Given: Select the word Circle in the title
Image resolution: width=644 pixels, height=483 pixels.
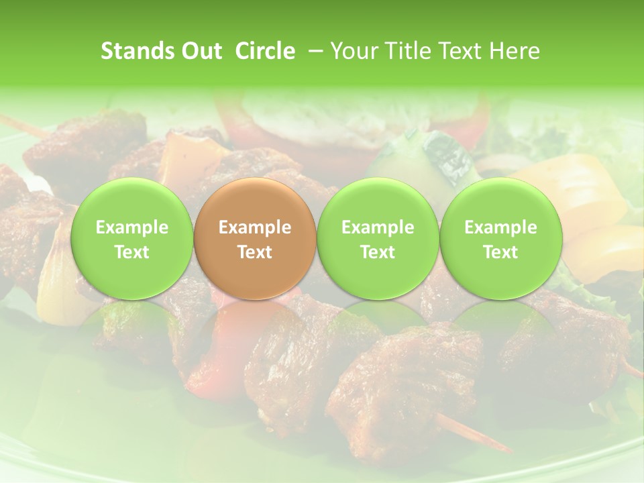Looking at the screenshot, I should (x=265, y=51).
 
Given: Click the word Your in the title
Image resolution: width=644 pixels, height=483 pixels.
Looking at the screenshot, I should (x=352, y=51).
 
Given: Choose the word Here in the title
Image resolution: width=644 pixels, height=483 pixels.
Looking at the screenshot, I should (x=513, y=51).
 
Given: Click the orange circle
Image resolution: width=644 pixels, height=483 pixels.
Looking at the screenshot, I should (x=255, y=239).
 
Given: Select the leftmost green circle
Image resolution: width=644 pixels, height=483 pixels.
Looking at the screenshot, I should (x=132, y=239).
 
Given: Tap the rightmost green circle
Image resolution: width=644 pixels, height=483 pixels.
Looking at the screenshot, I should (x=500, y=239).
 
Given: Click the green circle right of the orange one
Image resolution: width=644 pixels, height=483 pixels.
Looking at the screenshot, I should (x=378, y=239).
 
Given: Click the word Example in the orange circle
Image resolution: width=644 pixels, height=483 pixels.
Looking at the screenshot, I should (x=255, y=227).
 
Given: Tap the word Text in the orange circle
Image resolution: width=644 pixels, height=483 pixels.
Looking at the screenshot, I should (x=255, y=252).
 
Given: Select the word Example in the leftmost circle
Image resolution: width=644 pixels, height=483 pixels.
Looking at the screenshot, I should (x=132, y=227).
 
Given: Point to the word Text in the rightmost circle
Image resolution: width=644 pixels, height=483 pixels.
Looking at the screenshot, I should (x=500, y=252).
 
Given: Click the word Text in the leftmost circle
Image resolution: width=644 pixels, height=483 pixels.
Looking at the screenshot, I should (x=132, y=252).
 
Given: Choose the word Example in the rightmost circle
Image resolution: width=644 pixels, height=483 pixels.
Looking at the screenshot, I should (x=500, y=227).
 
